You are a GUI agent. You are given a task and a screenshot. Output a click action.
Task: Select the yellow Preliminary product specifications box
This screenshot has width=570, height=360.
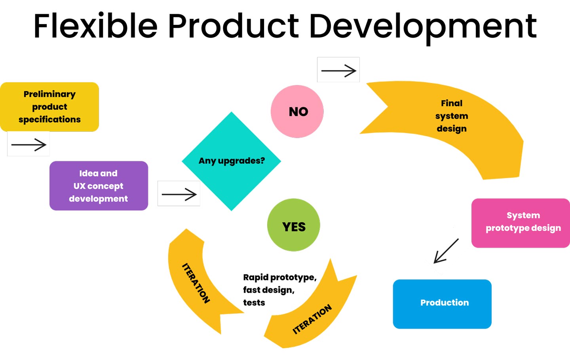click(x=49, y=107)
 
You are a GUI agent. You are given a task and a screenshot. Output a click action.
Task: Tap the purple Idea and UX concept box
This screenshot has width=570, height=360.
click(x=99, y=186)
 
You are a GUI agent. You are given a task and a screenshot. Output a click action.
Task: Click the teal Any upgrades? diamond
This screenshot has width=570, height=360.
click(x=232, y=161)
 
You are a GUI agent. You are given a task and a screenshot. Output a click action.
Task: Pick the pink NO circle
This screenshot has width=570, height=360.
click(x=297, y=112)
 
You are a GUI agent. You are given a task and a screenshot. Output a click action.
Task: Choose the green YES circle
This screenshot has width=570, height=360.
click(x=294, y=225)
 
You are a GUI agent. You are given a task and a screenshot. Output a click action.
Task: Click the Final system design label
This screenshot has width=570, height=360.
click(x=452, y=116)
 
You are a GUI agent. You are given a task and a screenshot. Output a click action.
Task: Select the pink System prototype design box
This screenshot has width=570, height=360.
click(x=521, y=223)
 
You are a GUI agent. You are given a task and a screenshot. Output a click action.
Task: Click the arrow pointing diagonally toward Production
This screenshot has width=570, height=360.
click(x=446, y=250)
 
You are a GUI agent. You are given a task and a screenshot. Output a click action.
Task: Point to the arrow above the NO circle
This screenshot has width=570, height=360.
click(x=338, y=70)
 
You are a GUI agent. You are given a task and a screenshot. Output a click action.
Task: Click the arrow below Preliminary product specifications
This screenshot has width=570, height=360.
click(x=28, y=144)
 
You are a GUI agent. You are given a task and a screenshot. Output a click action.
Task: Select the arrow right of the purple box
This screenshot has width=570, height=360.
click(x=179, y=194)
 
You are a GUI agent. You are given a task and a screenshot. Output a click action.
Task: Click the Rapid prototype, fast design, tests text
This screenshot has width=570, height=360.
click(x=279, y=290)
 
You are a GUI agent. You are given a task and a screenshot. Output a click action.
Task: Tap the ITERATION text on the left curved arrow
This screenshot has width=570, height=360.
click(x=196, y=283)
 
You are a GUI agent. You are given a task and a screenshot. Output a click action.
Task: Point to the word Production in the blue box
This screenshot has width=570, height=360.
click(x=445, y=303)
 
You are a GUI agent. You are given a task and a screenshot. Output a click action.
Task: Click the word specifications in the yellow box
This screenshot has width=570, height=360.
click(x=49, y=119)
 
